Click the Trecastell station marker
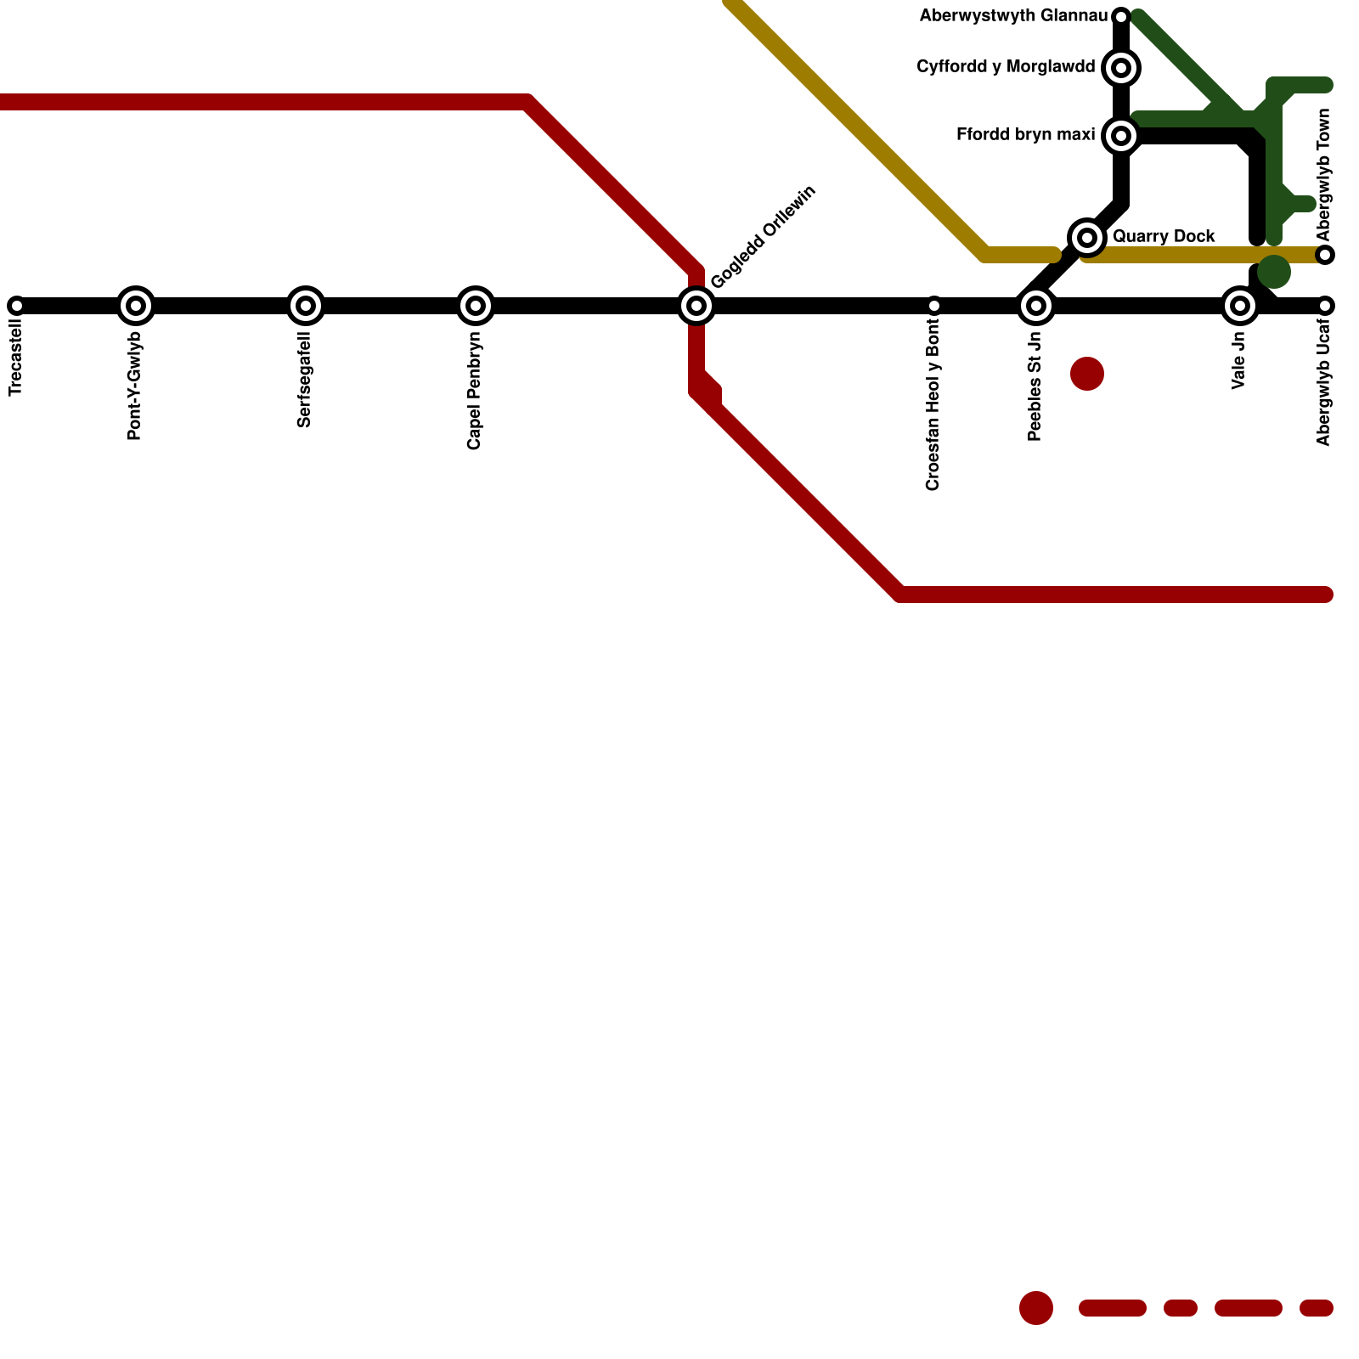tap(16, 306)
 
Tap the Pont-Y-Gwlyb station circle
tap(136, 306)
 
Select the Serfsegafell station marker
tap(306, 306)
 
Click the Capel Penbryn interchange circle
tap(476, 306)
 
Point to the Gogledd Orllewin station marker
tap(696, 306)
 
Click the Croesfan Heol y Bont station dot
tap(934, 306)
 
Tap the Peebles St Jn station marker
tap(1036, 306)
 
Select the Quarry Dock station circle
tap(1087, 238)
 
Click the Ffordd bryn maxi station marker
tap(1121, 136)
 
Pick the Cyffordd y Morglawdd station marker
tap(1121, 68)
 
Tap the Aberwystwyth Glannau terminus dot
tap(1121, 17)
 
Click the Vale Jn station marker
tap(1240, 306)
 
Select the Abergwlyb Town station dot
tap(1325, 255)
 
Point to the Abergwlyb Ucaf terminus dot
tap(1325, 306)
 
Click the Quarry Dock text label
tap(1164, 237)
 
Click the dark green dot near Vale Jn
tap(1274, 272)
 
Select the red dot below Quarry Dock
tap(1087, 374)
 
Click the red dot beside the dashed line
tap(1036, 1308)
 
